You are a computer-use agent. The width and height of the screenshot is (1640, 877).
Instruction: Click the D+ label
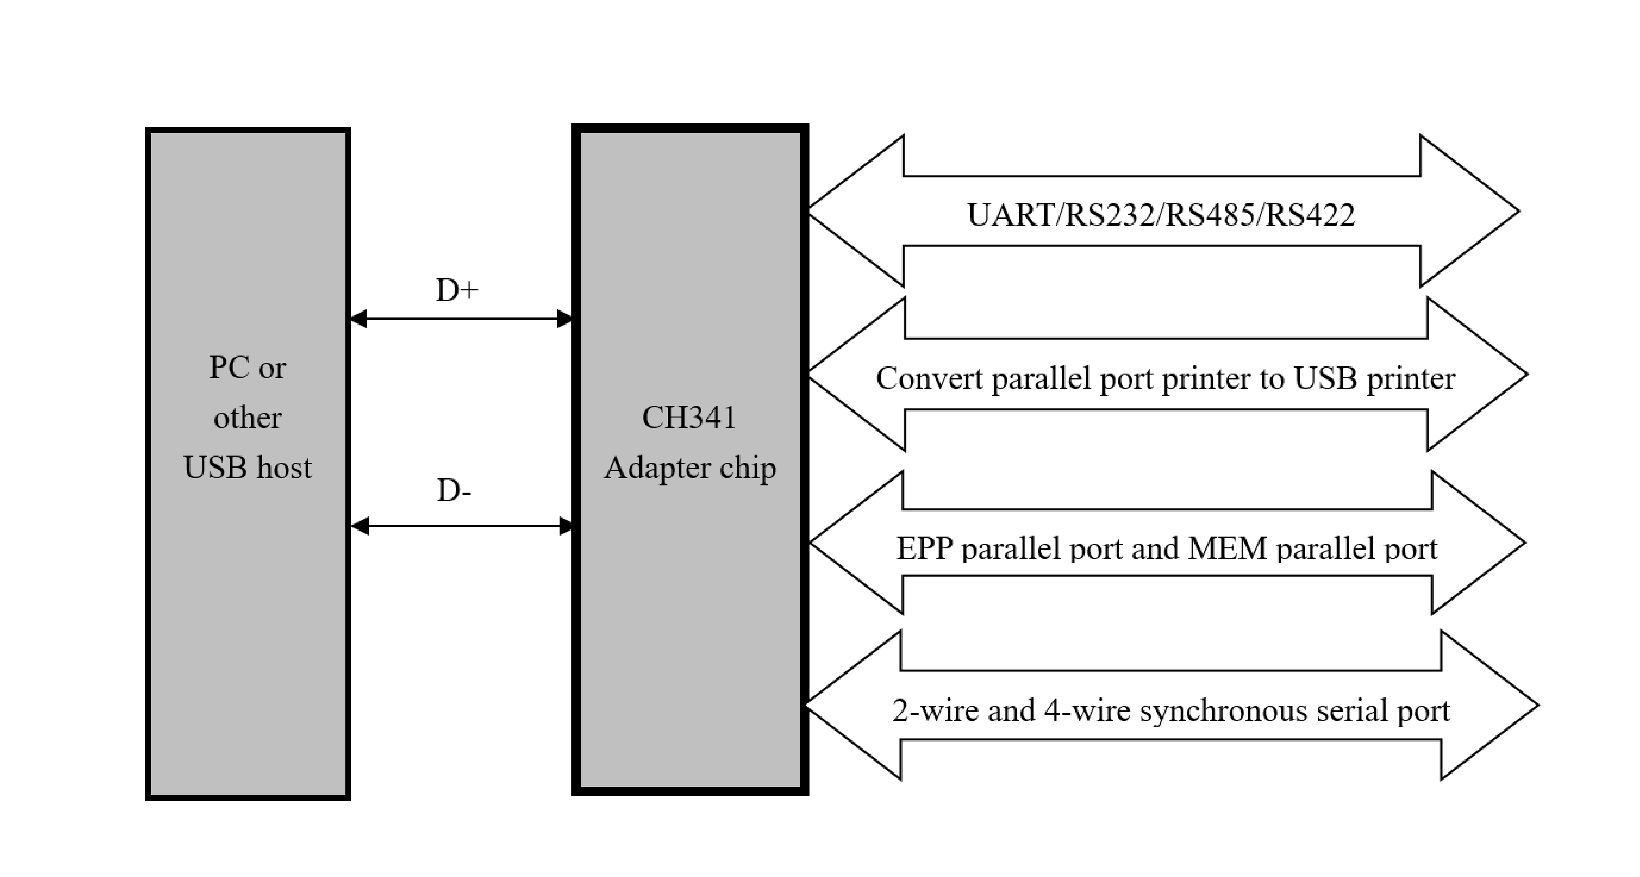pyautogui.click(x=457, y=290)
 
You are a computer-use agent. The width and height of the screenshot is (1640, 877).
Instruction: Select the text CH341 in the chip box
pyautogui.click(x=689, y=418)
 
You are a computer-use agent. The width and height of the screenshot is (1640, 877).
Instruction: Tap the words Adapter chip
pyautogui.click(x=690, y=468)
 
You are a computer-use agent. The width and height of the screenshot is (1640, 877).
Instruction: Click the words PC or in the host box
pyautogui.click(x=248, y=368)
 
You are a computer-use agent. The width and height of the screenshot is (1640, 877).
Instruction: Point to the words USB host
pyautogui.click(x=248, y=468)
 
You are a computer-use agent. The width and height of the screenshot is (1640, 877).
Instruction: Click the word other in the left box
pyautogui.click(x=248, y=418)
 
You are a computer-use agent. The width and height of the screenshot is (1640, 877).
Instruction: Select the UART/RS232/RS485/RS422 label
pyautogui.click(x=1160, y=215)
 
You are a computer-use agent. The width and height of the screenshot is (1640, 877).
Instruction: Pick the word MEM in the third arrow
pyautogui.click(x=1227, y=549)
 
